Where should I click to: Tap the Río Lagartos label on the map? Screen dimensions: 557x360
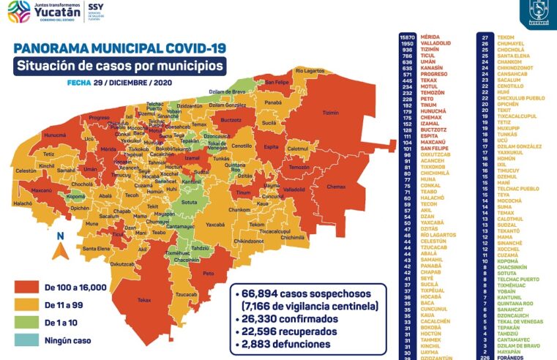pyautogui.click(x=310, y=70)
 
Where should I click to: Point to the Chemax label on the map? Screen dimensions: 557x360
pyautogui.click(x=336, y=186)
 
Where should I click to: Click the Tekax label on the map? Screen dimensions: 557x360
pyautogui.click(x=143, y=299)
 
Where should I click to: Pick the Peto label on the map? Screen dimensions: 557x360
pyautogui.click(x=209, y=273)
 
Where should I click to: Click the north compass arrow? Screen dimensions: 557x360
pyautogui.click(x=61, y=247)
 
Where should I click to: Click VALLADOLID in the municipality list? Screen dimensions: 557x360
pyautogui.click(x=436, y=42)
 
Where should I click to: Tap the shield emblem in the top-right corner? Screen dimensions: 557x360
pyautogui.click(x=539, y=12)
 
